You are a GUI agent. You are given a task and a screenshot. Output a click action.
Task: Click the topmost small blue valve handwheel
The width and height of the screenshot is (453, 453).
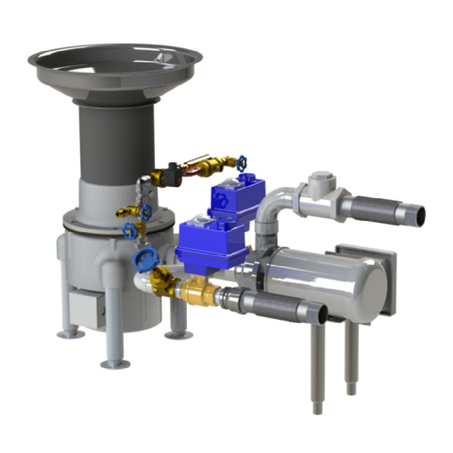[x=243, y=162]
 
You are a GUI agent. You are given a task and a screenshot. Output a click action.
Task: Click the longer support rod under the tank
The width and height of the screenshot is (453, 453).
[x=318, y=368]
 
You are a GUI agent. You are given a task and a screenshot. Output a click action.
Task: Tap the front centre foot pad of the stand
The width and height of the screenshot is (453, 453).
[x=115, y=364]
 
